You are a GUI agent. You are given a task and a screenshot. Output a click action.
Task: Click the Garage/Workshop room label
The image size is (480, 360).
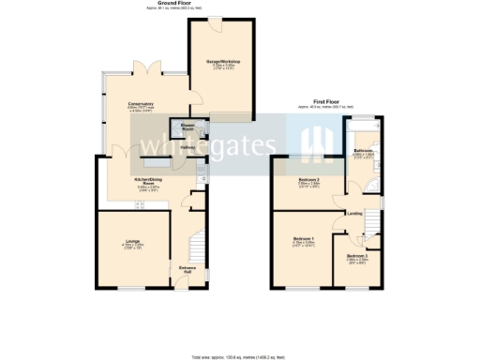pyautogui.click(x=224, y=62)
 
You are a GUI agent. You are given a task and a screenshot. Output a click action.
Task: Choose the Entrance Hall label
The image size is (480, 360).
pyautogui.click(x=187, y=271)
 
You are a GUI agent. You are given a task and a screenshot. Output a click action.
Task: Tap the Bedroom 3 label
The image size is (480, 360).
pyautogui.click(x=356, y=256)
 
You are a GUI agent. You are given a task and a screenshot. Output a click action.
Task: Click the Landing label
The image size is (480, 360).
pyautogui.click(x=354, y=213)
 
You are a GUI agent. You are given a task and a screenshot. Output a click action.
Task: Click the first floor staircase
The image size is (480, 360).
pyautogui.click(x=371, y=225)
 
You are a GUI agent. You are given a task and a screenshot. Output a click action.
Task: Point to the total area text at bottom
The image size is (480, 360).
pyautogui.click(x=240, y=357)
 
